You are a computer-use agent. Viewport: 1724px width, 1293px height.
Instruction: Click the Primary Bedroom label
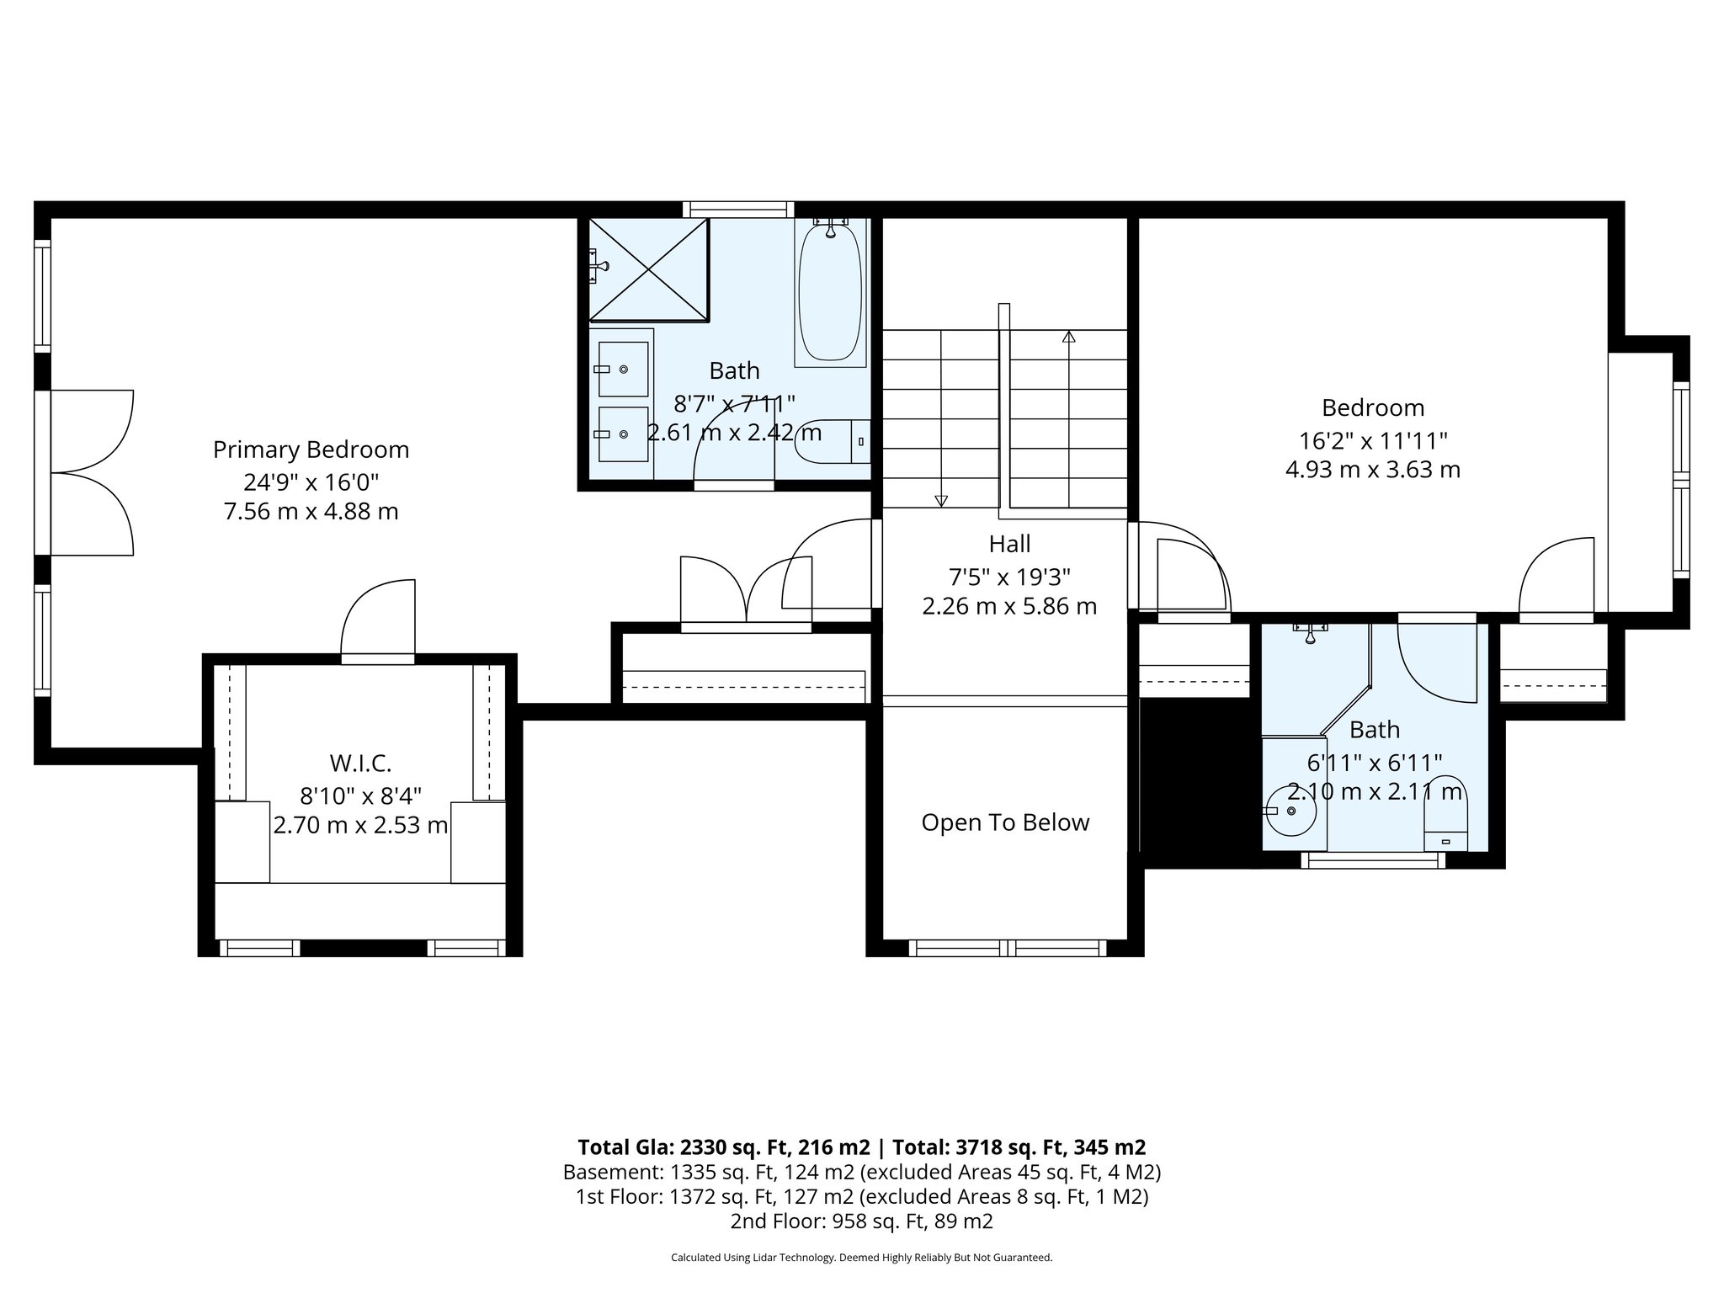point(311,450)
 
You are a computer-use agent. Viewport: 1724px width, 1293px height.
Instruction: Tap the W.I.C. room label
point(360,764)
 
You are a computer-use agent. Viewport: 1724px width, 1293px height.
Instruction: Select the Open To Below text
point(1005,822)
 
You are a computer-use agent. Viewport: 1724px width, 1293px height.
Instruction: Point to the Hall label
point(1009,544)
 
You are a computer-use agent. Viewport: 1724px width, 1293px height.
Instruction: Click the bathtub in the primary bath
point(830,290)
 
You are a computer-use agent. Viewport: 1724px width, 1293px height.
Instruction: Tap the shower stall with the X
point(648,270)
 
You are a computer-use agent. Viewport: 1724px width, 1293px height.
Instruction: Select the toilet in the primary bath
point(832,441)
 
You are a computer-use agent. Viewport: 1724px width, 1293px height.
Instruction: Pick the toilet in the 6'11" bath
point(1445,812)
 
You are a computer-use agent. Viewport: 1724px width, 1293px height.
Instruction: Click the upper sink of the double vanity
point(623,369)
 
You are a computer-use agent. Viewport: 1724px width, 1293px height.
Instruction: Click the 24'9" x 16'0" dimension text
point(311,482)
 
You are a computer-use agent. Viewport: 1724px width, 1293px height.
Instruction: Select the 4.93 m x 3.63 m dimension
point(1372,469)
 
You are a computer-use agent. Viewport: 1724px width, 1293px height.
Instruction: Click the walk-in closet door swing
point(379,619)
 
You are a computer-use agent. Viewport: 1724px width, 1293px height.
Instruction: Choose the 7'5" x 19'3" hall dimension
point(1009,577)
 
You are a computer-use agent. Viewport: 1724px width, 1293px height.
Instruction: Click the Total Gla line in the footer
point(861,1147)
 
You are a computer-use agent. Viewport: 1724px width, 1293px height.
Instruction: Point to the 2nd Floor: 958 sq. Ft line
point(861,1221)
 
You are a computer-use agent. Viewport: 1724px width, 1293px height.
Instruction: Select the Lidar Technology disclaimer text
point(861,1258)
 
